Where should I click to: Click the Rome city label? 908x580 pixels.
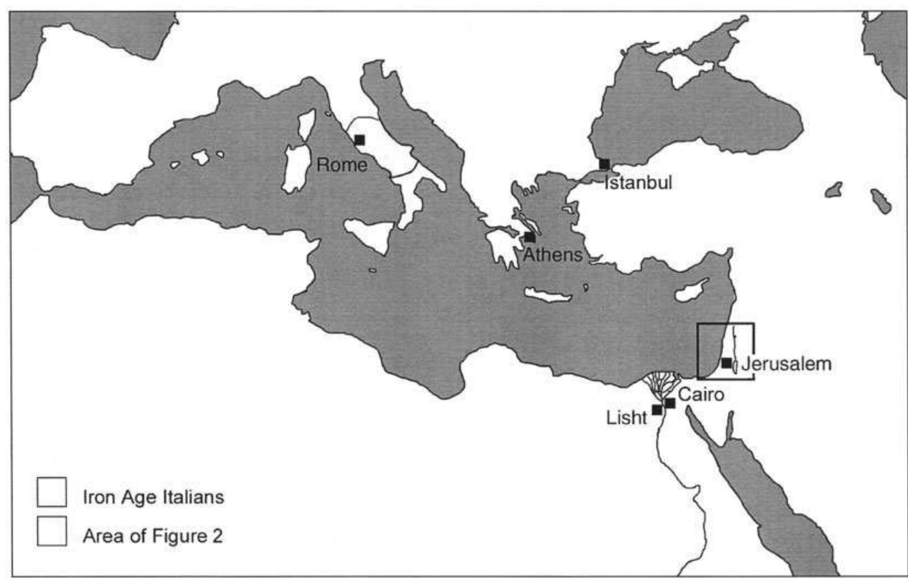[x=342, y=165]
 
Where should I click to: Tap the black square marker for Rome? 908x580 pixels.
[x=359, y=140]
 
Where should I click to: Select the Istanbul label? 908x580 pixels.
[x=638, y=182]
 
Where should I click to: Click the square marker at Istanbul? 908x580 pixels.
[x=604, y=164]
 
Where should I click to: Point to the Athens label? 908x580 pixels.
[x=553, y=255]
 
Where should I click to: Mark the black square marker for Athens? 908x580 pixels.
[x=530, y=237]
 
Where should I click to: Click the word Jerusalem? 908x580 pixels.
[x=786, y=364]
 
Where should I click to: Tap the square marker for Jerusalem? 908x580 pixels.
[x=726, y=363]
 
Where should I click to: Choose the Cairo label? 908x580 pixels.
[x=701, y=394]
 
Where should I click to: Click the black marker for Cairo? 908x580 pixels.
[x=670, y=403]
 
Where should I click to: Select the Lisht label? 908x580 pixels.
[x=626, y=418]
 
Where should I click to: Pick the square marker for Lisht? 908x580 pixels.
[x=657, y=410]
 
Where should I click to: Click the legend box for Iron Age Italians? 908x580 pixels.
[x=52, y=492]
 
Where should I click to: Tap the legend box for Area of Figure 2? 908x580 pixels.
[x=52, y=530]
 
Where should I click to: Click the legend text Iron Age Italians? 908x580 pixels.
[x=153, y=497]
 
